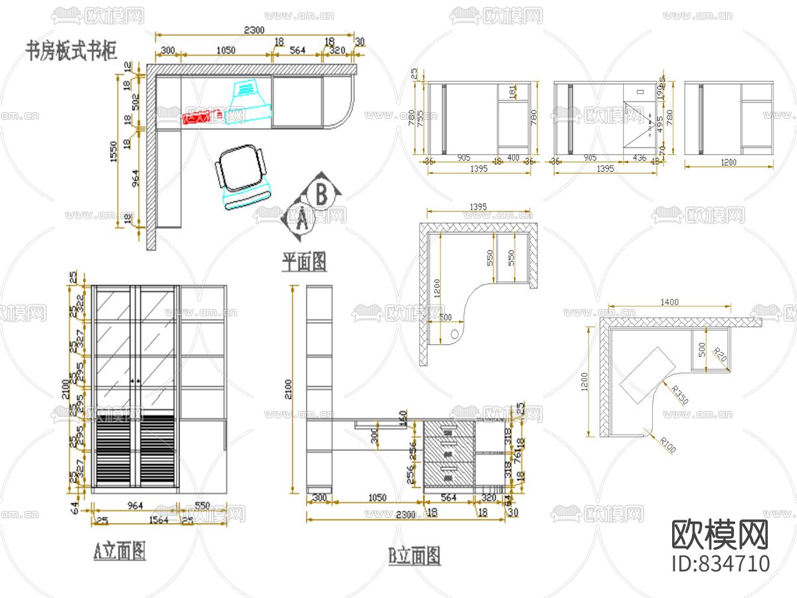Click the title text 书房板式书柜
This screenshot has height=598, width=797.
click(x=71, y=50)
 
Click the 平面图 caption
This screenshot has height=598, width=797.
click(x=304, y=262)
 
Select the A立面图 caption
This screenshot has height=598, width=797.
click(x=120, y=550)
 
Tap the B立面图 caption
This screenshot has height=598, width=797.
click(x=414, y=555)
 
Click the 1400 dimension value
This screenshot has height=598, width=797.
click(x=669, y=302)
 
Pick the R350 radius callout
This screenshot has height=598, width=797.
click(x=678, y=397)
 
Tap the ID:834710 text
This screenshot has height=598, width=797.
click(x=721, y=563)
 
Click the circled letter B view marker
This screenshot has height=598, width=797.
click(x=321, y=195)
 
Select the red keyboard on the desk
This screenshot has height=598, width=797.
click(x=197, y=117)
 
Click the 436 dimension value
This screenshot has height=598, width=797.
click(x=639, y=157)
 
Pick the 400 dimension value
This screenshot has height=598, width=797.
click(x=513, y=157)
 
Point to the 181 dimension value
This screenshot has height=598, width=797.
click(x=512, y=91)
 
